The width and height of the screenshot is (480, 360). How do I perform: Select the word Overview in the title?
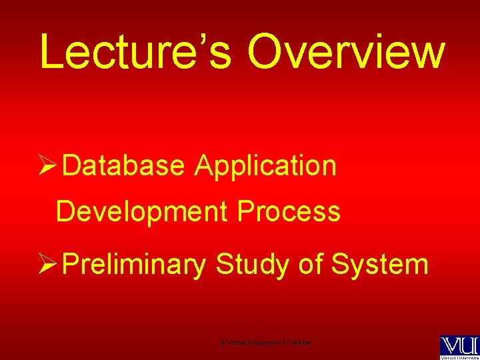(346, 52)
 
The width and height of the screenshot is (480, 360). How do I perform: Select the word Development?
(141, 212)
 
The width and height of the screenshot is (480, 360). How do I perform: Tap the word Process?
(289, 212)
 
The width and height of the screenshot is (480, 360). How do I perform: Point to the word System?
(379, 265)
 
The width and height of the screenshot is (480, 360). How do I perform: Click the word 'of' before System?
(310, 265)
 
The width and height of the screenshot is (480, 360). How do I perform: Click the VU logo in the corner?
(459, 345)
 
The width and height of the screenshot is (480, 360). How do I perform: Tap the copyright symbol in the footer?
(223, 342)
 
